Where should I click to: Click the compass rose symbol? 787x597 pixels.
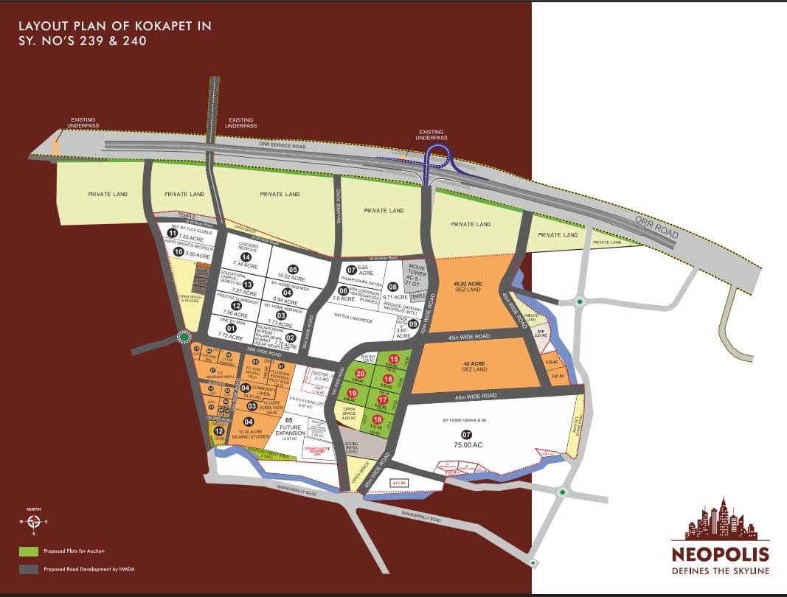(34, 521)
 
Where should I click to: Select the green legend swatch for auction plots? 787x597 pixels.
(29, 551)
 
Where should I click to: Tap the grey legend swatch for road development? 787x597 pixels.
(29, 569)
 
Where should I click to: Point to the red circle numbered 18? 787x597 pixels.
(378, 419)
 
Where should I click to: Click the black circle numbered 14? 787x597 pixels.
(246, 256)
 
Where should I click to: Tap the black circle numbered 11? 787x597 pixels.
(173, 233)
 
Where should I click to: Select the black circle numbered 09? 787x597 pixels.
(413, 324)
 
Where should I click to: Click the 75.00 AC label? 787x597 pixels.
(468, 445)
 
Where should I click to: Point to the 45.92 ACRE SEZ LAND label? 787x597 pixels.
(468, 287)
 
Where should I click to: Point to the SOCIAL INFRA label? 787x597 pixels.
(353, 447)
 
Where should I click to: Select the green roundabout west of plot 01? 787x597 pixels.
(183, 338)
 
